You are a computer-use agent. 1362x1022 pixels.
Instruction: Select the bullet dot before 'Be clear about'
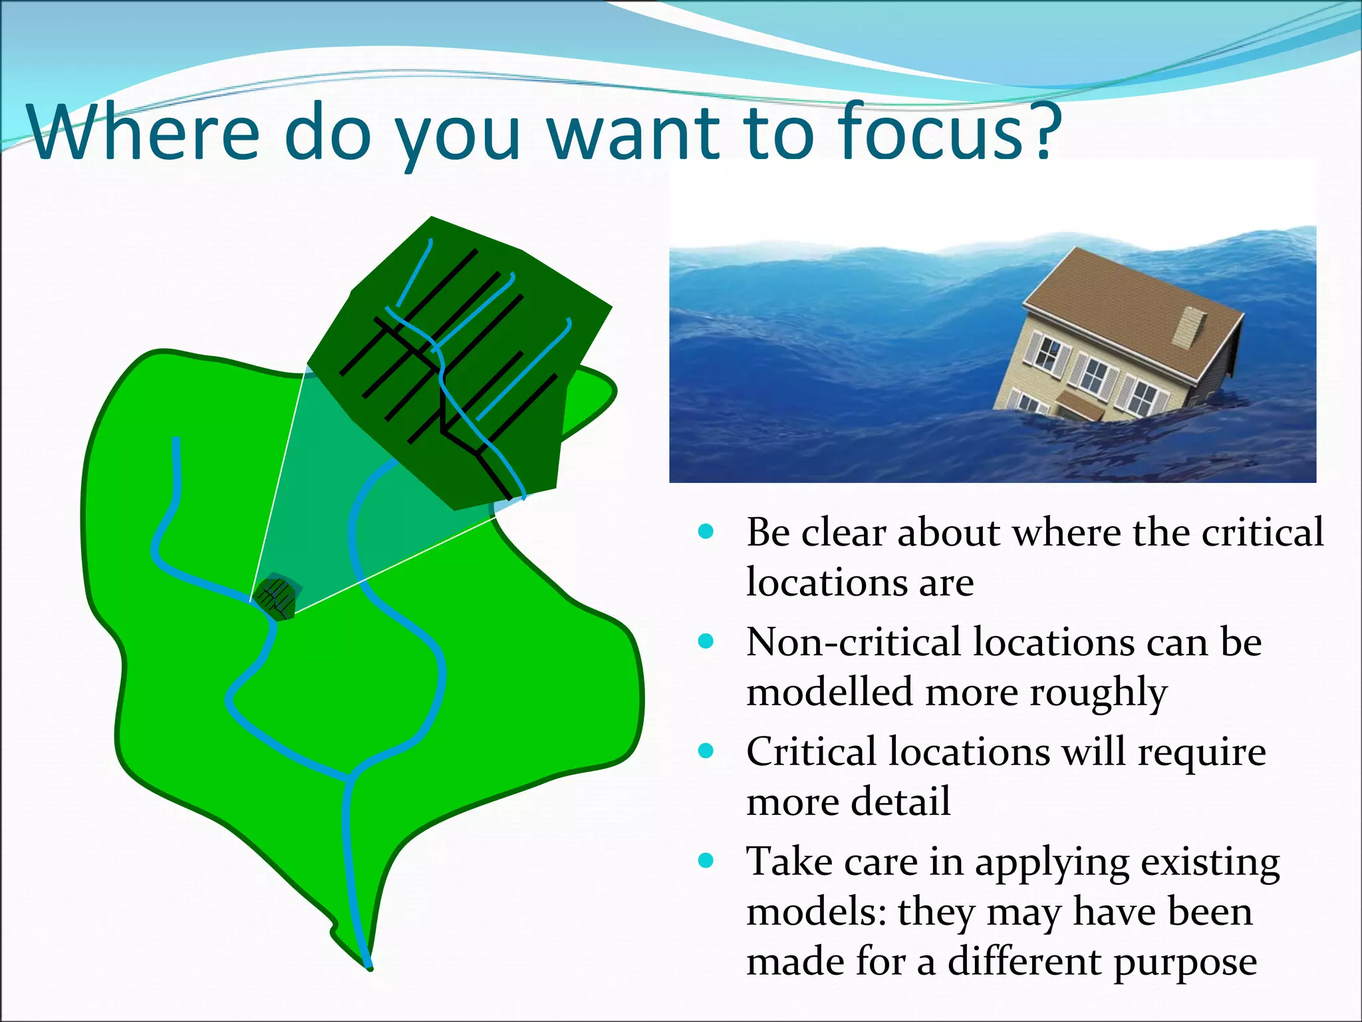pyautogui.click(x=706, y=532)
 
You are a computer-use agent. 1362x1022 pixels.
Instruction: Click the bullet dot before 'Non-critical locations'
pyautogui.click(x=706, y=641)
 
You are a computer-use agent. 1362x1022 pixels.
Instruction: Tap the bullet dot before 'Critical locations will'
pyautogui.click(x=706, y=751)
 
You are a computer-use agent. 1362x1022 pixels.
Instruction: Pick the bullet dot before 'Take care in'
pyautogui.click(x=706, y=861)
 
